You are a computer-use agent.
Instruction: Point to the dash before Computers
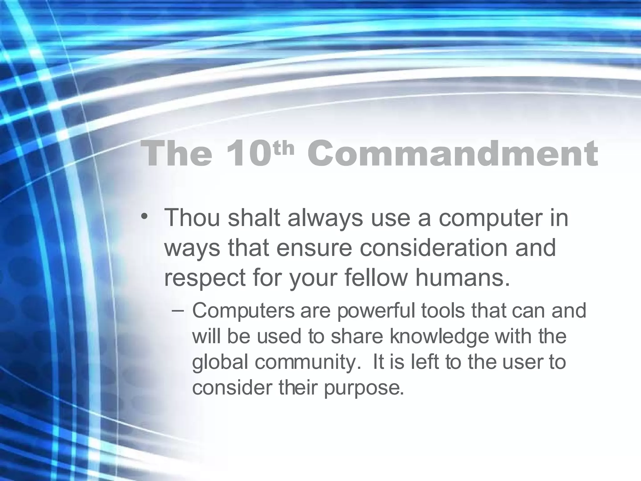(x=178, y=310)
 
